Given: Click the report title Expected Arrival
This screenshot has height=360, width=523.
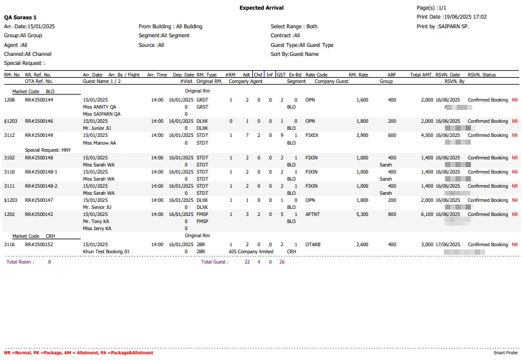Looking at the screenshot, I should click(261, 8).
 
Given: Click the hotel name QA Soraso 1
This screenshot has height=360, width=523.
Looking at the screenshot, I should click(21, 17).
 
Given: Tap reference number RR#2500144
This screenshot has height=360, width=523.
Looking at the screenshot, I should click(39, 100).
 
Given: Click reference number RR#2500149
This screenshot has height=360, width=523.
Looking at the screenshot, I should click(39, 136).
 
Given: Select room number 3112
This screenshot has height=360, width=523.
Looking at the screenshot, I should click(10, 136).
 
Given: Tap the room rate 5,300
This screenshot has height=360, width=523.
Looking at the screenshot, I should click(362, 214).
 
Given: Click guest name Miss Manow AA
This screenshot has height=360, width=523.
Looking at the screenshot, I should click(100, 142).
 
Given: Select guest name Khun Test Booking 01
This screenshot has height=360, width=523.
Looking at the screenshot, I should click(106, 251).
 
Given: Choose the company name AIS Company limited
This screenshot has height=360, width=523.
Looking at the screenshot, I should click(251, 251).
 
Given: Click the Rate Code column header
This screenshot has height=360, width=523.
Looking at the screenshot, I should click(317, 75).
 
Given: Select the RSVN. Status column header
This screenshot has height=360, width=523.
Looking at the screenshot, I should click(482, 75).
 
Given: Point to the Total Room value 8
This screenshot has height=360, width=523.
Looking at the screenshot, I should click(50, 262).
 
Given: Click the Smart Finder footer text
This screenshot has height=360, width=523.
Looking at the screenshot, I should click(506, 353).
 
